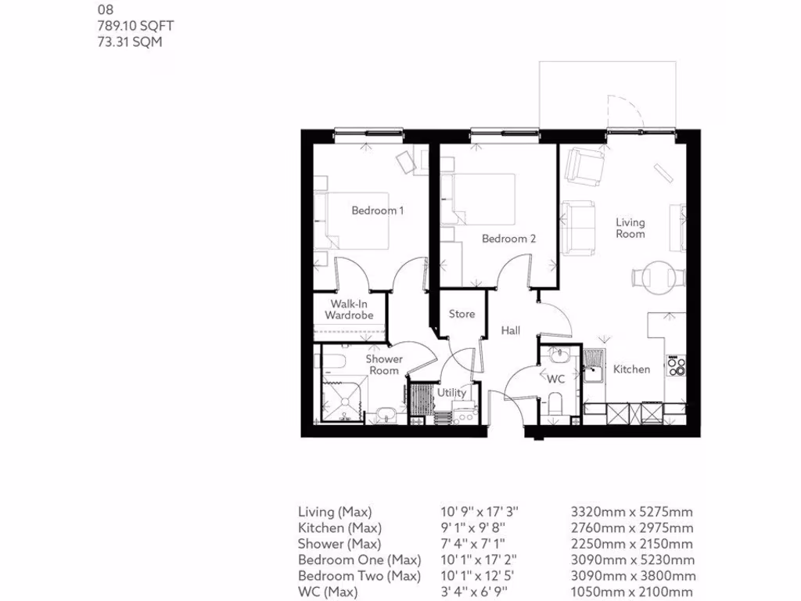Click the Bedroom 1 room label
coord(377,211)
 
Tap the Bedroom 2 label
coord(508,239)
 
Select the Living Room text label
coord(630,228)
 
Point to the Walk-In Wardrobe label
coord(349,309)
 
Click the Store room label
coord(462,314)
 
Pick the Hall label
coord(511,331)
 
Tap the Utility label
coord(452,393)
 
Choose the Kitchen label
coord(631,369)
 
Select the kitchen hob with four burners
coord(676,365)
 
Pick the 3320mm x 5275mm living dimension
coord(632,512)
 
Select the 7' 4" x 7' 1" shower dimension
coord(479,544)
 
